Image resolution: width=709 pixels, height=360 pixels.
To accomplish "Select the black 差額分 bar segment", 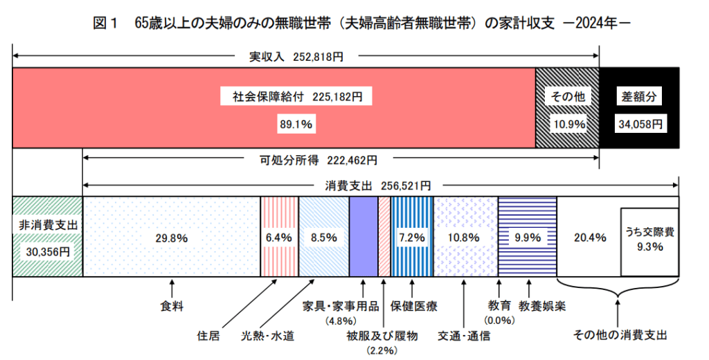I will [x=639, y=107].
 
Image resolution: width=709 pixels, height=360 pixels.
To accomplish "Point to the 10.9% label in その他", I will [x=568, y=125].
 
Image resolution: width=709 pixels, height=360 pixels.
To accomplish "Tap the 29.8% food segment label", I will [x=172, y=237].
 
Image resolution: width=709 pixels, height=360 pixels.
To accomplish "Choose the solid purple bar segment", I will [x=364, y=237].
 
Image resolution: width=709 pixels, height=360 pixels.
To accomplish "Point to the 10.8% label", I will [x=464, y=237].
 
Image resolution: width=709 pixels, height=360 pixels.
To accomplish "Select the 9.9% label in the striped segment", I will [x=528, y=237].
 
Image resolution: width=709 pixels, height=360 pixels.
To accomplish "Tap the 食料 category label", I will [x=172, y=305].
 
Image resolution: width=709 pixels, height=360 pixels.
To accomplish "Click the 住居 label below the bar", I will [x=208, y=336].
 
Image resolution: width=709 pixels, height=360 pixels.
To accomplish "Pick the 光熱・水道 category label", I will [x=267, y=336].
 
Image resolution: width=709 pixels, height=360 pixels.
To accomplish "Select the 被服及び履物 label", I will [x=382, y=336].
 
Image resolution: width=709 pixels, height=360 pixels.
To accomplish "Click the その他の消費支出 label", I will [x=620, y=336].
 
